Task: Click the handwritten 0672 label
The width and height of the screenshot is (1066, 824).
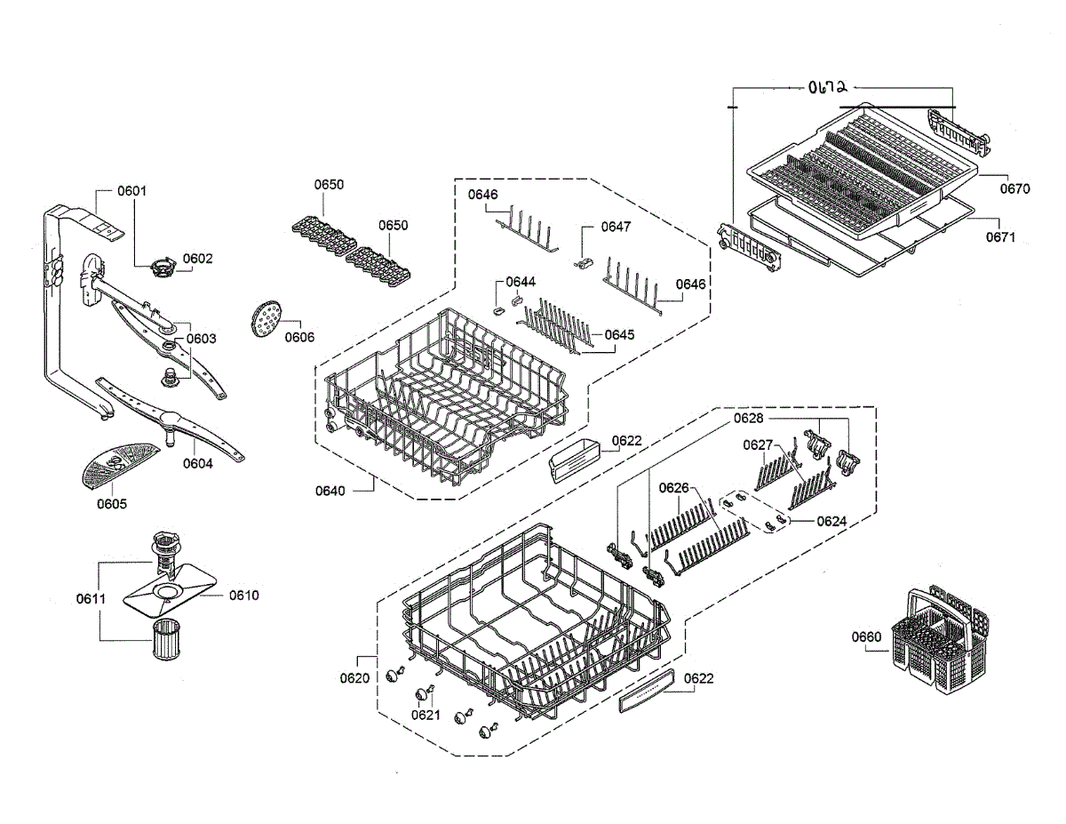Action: click(x=827, y=87)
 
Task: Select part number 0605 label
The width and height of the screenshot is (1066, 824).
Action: click(x=112, y=504)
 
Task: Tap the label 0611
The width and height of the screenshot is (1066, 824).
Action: click(x=91, y=599)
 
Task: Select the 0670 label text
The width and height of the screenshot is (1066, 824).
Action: click(x=1015, y=188)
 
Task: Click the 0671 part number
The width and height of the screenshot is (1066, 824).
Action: click(x=1000, y=237)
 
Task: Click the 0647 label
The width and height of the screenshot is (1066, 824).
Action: click(x=616, y=227)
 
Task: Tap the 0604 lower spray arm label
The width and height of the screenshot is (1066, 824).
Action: click(x=198, y=463)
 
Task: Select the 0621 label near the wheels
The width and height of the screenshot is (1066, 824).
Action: click(x=426, y=714)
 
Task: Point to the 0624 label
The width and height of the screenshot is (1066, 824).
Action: click(x=831, y=521)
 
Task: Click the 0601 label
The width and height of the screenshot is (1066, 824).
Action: click(x=132, y=191)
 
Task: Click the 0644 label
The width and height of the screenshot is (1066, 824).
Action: click(x=521, y=282)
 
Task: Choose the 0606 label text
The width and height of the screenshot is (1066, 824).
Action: click(x=300, y=337)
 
